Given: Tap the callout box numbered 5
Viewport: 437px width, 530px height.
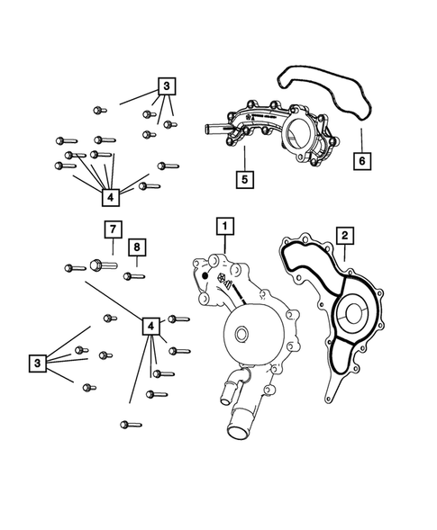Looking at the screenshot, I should (244, 178).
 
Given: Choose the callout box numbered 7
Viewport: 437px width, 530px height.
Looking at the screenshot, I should (111, 229).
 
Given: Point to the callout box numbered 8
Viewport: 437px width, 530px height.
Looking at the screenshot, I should (137, 247).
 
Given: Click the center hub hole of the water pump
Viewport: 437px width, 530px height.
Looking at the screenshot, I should (241, 337).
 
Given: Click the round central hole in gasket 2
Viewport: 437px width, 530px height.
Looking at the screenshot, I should (351, 318).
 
